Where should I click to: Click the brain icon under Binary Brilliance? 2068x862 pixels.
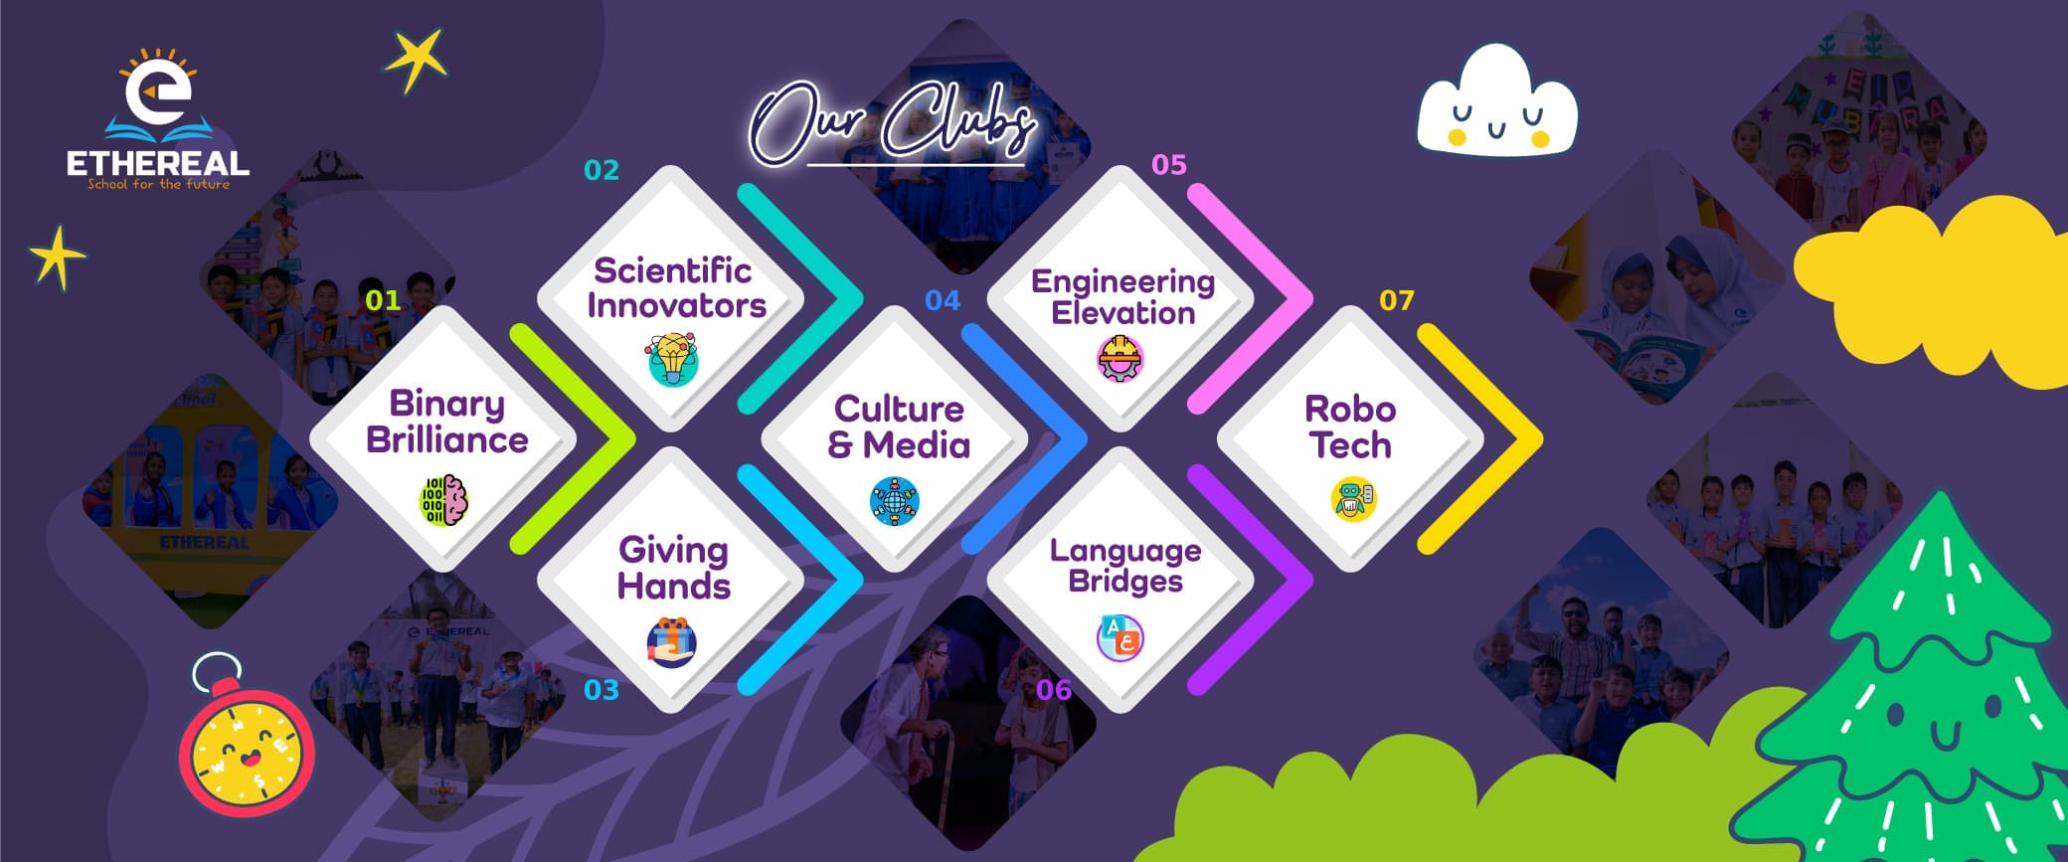444,500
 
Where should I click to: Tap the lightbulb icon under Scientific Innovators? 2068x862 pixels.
674,360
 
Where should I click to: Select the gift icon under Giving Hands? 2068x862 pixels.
672,642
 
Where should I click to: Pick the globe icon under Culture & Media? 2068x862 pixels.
895,501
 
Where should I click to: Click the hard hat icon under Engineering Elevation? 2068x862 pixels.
1121,359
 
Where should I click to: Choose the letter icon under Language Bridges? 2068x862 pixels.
1120,638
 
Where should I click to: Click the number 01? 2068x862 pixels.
383,299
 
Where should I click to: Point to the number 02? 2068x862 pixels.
602,170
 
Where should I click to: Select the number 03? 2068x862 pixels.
602,690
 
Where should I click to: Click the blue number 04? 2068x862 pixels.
943,300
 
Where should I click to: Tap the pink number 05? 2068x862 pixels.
1169,165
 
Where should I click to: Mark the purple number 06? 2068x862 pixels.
1054,690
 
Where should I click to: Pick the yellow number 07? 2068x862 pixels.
1397,300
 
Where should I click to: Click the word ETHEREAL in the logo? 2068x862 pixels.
158,163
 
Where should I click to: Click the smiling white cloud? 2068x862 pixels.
1496,101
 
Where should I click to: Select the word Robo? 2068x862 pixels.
1350,409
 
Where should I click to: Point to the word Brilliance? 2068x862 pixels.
447,439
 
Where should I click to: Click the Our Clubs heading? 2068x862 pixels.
892,126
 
